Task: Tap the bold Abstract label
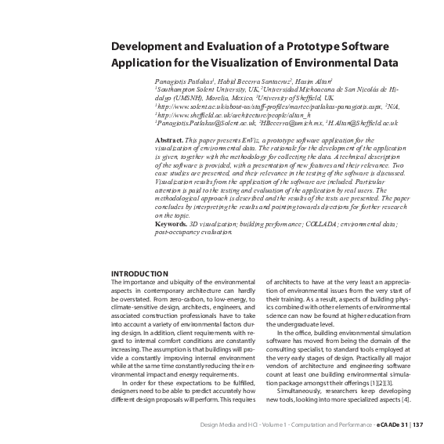[168, 139]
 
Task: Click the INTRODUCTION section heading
[140, 273]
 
